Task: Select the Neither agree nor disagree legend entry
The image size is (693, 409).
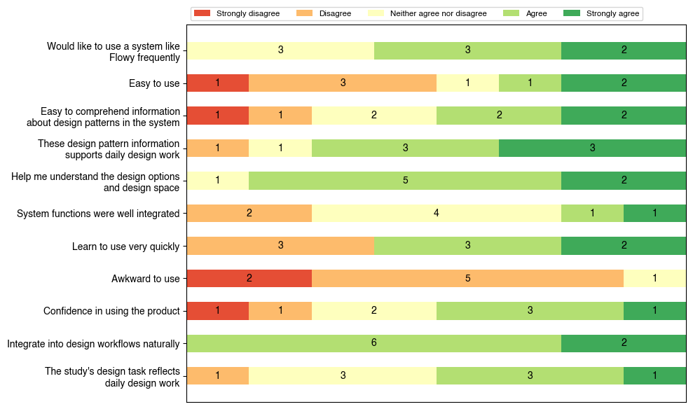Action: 427,13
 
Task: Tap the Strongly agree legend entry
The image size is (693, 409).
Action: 603,13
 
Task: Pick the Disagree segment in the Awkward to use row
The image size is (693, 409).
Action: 467,279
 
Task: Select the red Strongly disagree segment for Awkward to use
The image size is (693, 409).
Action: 249,279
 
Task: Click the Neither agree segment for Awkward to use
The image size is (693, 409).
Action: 654,279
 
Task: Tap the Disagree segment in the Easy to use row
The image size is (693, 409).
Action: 343,83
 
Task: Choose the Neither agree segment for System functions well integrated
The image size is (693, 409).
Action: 436,214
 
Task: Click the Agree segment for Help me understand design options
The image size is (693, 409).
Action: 405,181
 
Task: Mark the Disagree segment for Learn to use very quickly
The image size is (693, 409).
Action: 280,246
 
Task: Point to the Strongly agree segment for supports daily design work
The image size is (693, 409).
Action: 592,148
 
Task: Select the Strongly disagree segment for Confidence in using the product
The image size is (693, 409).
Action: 217,311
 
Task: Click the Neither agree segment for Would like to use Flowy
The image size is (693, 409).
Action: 280,50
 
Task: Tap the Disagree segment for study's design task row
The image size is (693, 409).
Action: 217,376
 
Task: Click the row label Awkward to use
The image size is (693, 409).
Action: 146,279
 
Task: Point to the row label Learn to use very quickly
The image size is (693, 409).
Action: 126,246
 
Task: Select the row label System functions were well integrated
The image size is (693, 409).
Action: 98,214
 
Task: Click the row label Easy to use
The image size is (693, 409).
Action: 154,83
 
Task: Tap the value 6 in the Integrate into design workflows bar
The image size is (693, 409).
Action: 373,343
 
